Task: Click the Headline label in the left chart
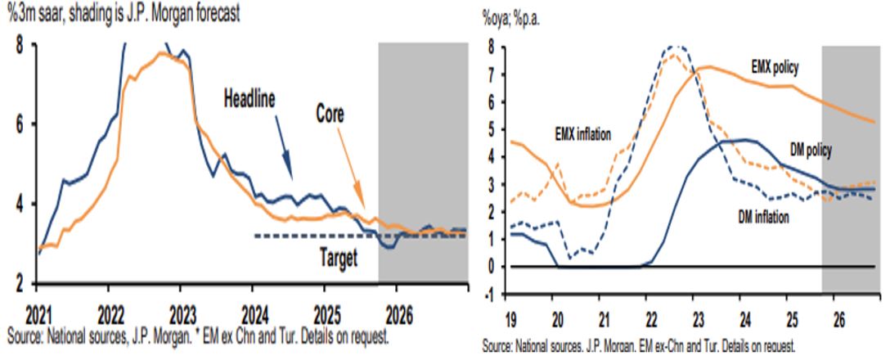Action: click(260, 99)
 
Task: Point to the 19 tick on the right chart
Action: click(508, 314)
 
